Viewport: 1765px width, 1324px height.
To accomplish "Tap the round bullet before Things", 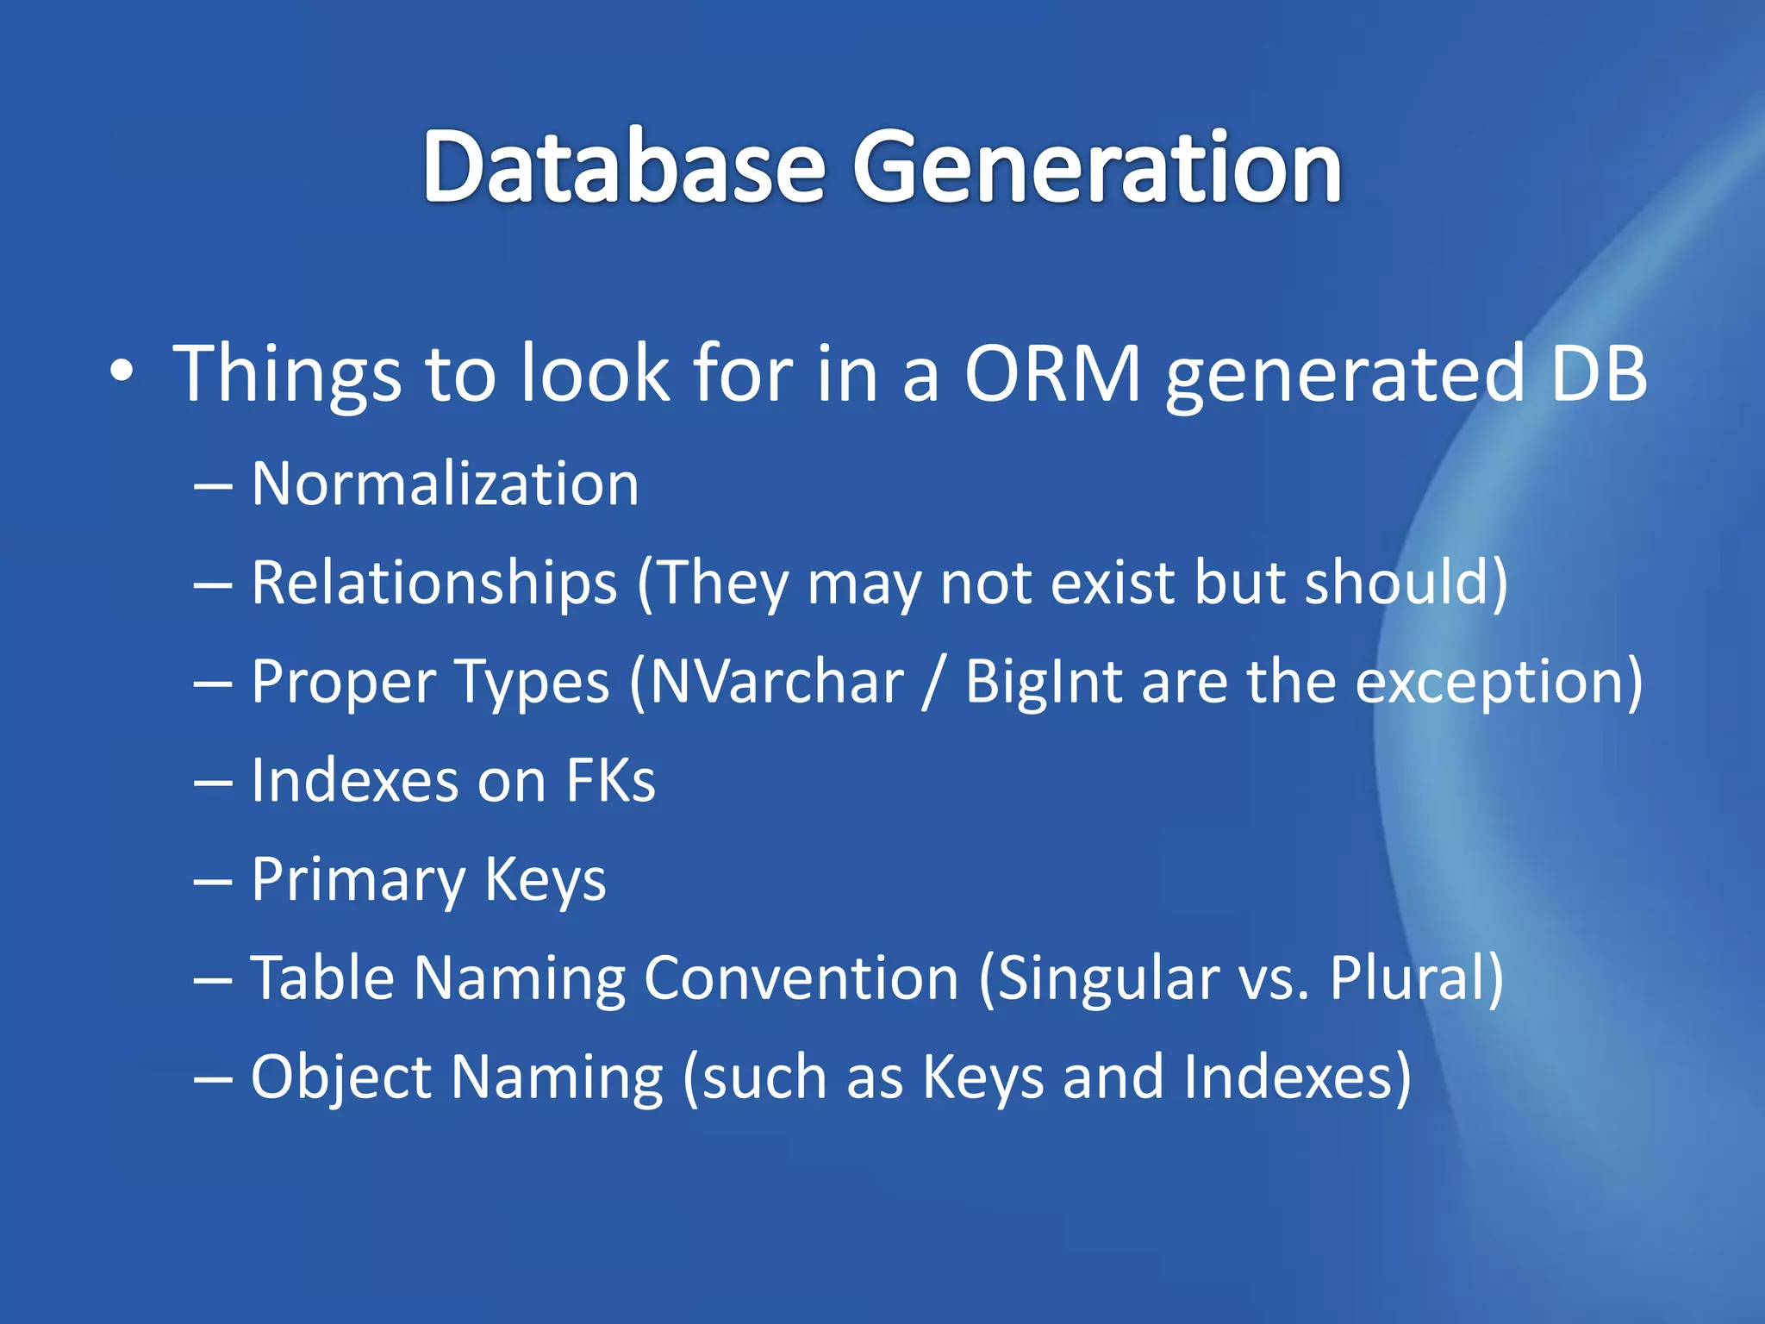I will tap(122, 372).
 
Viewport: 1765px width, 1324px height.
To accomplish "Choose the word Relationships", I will tap(434, 583).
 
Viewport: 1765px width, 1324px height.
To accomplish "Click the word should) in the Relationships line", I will tap(1406, 583).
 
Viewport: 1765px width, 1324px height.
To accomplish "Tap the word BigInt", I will tap(1043, 682).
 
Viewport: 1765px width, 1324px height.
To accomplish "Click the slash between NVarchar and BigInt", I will tap(933, 682).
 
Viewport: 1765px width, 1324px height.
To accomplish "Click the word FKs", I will tap(610, 781).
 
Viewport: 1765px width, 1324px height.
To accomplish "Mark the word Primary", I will tap(358, 880).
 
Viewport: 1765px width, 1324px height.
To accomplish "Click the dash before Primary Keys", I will tap(213, 882).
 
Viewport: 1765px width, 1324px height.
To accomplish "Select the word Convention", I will tap(801, 978).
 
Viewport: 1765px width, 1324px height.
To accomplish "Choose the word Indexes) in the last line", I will tap(1297, 1077).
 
